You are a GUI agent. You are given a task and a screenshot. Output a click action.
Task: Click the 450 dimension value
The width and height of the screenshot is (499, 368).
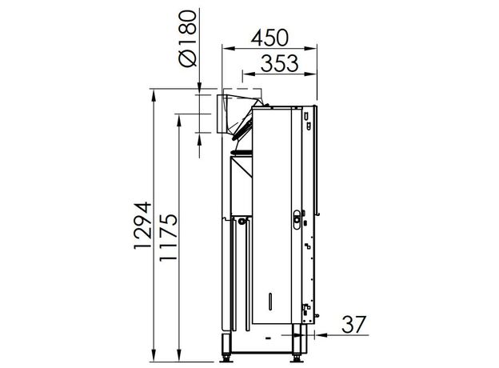point(269,38)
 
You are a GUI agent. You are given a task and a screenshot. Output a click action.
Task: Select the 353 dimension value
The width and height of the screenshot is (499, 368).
point(279,63)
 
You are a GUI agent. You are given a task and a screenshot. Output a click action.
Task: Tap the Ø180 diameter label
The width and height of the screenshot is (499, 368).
point(187,38)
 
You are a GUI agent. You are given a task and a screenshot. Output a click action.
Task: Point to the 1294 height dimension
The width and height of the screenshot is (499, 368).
point(142,225)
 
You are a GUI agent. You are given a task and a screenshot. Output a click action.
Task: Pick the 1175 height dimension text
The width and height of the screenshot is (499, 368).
point(168,238)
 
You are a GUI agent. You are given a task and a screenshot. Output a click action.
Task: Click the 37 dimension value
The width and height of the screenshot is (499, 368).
point(354,324)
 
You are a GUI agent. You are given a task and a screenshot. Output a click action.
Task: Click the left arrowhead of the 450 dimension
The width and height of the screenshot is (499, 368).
point(228,49)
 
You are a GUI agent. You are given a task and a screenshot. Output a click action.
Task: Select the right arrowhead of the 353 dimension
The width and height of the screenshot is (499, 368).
point(310,74)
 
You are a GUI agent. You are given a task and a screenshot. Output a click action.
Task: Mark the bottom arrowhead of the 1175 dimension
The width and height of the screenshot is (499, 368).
point(179,355)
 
